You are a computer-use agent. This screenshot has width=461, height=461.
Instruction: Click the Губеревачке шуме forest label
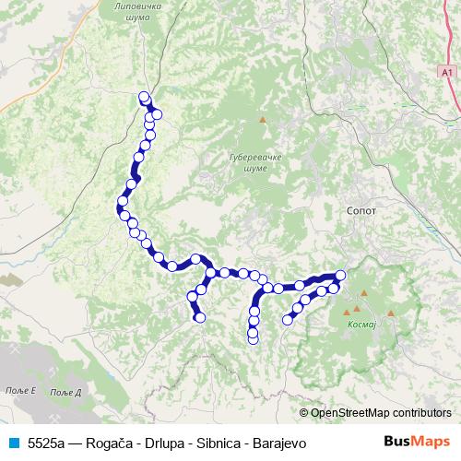[248, 163]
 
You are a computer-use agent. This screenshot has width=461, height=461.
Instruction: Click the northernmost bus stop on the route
[143, 97]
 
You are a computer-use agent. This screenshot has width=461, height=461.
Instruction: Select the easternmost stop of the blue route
[340, 275]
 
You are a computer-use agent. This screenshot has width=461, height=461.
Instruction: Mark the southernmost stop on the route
[254, 340]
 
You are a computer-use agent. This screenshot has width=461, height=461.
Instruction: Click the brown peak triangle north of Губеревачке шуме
[263, 119]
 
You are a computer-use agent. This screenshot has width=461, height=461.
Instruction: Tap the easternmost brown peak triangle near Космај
[391, 313]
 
